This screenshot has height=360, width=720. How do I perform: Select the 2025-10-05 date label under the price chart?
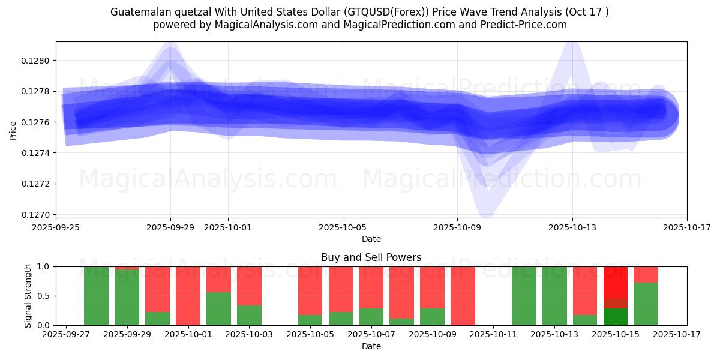(x=343, y=227)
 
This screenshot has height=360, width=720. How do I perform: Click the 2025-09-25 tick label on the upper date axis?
(x=56, y=227)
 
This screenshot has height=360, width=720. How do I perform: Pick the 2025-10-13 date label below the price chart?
(x=572, y=227)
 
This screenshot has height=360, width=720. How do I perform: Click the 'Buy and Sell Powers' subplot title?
(x=371, y=257)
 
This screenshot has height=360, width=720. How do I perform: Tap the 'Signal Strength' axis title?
(x=28, y=296)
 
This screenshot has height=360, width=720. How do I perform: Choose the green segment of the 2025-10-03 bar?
(x=249, y=315)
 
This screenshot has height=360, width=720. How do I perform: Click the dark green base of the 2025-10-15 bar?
(x=615, y=317)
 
